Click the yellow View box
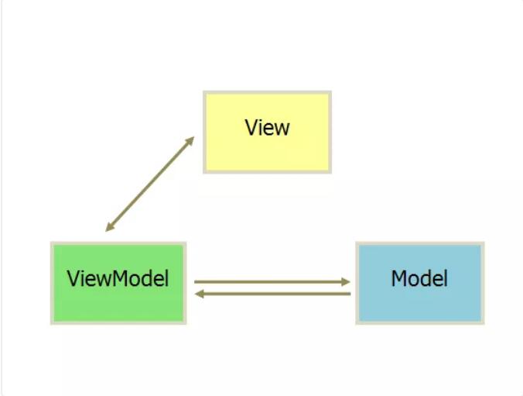tap(267, 132)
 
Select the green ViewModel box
tap(118, 283)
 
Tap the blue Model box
tap(420, 283)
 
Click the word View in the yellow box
tap(267, 127)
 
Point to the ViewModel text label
tap(118, 278)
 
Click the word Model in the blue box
tap(419, 278)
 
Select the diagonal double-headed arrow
tap(150, 184)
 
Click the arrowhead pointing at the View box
tap(190, 141)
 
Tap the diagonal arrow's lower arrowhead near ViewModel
tap(110, 226)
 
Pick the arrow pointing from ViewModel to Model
tap(272, 282)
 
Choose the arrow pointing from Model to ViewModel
tap(272, 294)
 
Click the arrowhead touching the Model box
tap(346, 282)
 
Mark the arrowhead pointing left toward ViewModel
tap(199, 294)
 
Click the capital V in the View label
tap(251, 127)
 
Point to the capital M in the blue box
tap(399, 278)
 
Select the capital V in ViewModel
tap(73, 278)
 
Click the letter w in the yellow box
tap(282, 129)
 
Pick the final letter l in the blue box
tap(446, 278)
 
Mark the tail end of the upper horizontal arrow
tap(195, 282)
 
